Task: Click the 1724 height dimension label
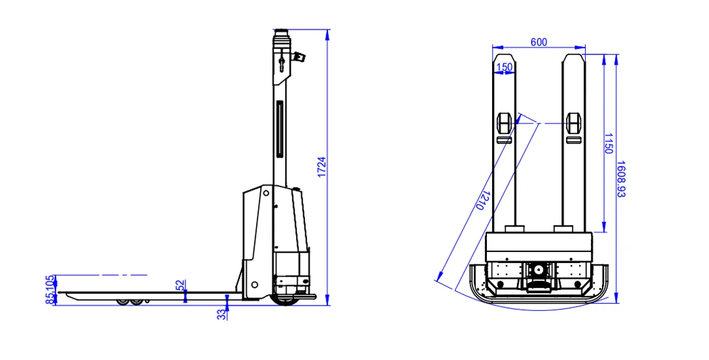point(321,167)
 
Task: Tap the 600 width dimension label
point(539,42)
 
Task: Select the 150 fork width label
point(504,67)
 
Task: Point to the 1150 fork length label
point(609,144)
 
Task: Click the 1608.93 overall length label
point(621,179)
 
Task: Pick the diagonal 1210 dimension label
point(483,200)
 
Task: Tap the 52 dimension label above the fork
point(180,285)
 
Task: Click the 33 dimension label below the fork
point(221,314)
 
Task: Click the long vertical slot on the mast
point(280,129)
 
